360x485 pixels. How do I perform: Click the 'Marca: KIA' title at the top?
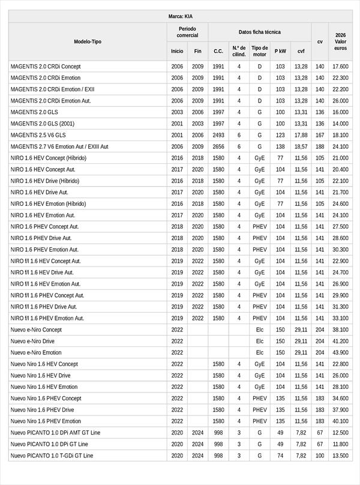180,17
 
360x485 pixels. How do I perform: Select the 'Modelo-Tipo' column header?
88,41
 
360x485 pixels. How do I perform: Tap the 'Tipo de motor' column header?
260,51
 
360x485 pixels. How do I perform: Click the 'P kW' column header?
280,51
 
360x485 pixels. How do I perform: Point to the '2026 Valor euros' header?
341,41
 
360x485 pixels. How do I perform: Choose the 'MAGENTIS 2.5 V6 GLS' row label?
38,135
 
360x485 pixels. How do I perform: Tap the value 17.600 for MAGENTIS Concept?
340,67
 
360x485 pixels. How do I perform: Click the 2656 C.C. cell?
218,146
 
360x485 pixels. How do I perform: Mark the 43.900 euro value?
340,352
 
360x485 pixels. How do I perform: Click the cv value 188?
320,146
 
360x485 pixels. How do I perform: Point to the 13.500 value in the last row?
340,456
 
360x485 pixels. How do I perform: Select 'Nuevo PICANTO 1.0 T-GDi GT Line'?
52,456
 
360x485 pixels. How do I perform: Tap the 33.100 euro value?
340,318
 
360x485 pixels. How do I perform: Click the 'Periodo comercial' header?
187,32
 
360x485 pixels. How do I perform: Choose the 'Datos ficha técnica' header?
259,32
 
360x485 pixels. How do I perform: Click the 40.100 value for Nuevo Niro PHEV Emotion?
340,421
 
